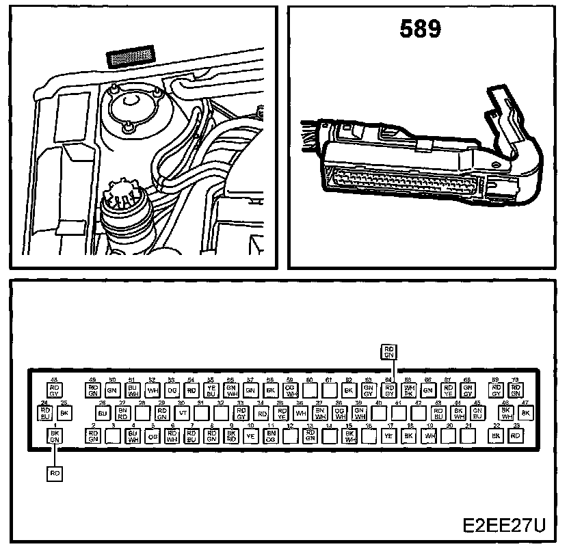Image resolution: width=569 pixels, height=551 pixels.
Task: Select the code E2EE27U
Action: (x=505, y=526)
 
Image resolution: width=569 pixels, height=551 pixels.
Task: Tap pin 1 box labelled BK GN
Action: (x=54, y=437)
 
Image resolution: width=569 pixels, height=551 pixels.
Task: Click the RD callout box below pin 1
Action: (x=54, y=473)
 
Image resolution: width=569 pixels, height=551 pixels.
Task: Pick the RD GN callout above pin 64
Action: (x=389, y=351)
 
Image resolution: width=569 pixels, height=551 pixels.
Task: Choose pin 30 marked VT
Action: (x=182, y=414)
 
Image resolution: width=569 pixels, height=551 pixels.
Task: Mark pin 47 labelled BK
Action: (x=525, y=414)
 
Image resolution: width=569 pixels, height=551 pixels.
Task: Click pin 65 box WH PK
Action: (x=409, y=390)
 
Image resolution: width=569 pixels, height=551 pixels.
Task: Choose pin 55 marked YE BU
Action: (x=211, y=390)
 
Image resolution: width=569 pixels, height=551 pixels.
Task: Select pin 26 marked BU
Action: (x=103, y=414)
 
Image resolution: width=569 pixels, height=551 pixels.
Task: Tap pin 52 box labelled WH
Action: (x=153, y=390)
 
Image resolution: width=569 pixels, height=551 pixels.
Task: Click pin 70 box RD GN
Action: (x=516, y=390)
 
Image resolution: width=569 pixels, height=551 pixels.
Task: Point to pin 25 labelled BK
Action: (x=64, y=414)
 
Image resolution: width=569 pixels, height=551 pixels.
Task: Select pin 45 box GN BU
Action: (x=477, y=414)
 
